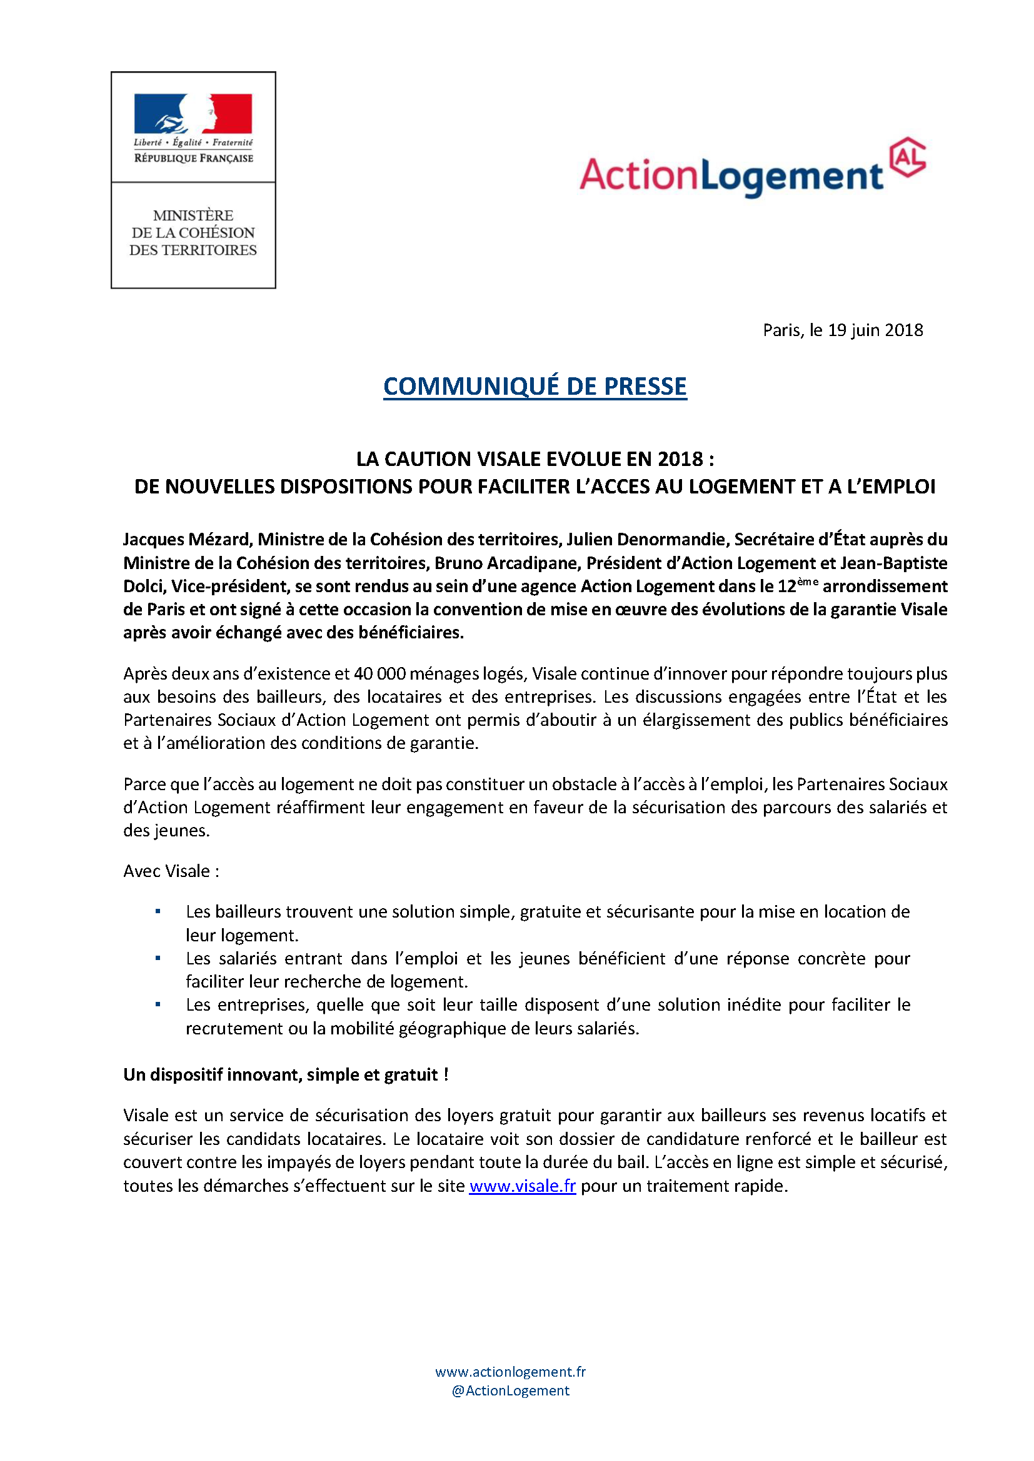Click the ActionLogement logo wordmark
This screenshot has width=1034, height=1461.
731,175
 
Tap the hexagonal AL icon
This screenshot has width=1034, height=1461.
908,157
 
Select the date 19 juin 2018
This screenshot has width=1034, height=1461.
875,330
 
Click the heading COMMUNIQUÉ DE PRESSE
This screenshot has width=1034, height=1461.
535,386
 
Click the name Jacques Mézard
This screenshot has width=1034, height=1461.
187,540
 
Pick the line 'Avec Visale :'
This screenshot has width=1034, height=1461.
171,871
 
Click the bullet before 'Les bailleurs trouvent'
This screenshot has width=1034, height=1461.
158,912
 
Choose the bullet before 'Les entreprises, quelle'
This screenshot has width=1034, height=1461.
158,1004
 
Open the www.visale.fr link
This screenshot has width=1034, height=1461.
522,1186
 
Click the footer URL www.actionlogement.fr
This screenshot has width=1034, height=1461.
510,1372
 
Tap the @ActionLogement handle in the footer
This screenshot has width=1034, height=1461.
510,1390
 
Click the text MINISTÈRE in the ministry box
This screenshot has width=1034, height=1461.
193,215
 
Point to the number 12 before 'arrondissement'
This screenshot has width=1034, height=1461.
786,587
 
